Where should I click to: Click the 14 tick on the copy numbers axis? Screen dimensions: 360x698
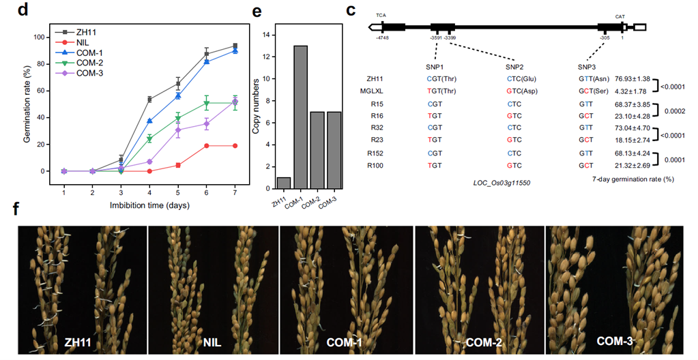click(267, 35)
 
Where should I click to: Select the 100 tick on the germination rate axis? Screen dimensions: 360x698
click(43, 37)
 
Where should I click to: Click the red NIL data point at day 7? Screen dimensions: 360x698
click(235, 145)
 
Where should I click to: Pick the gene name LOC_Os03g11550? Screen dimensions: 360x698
click(502, 183)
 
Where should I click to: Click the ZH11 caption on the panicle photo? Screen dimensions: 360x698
click(81, 342)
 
